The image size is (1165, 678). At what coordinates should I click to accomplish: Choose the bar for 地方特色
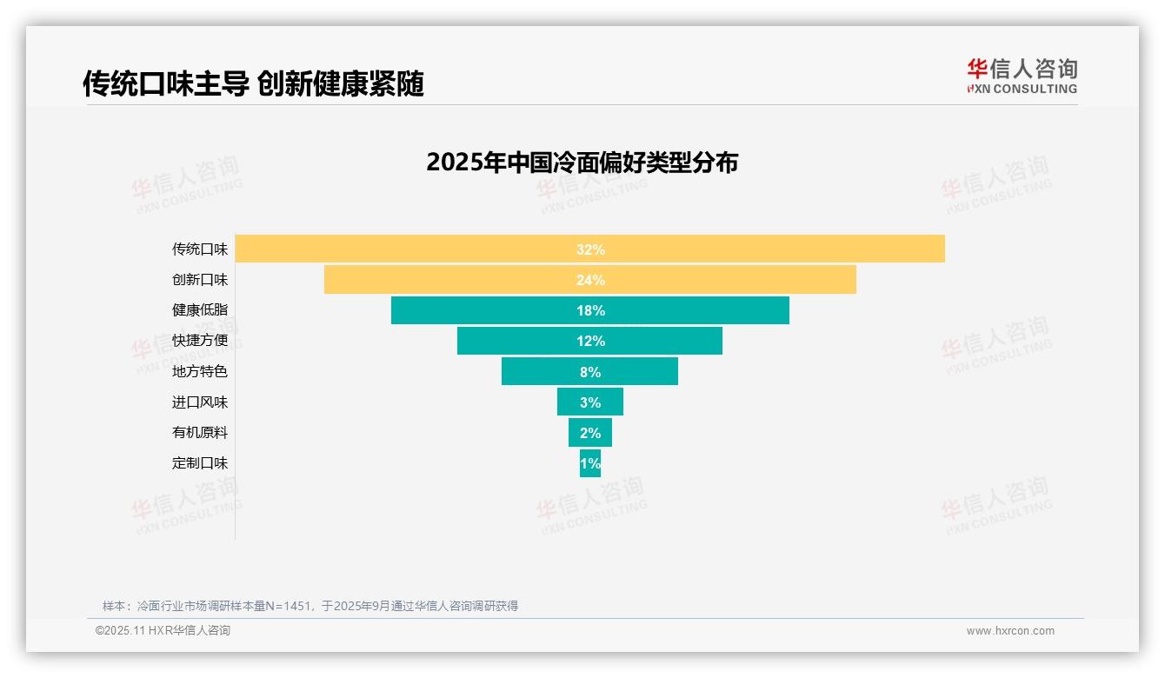coord(539,371)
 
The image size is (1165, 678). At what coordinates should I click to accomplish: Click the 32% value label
coord(590,249)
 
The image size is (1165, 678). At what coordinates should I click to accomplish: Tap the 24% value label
coord(590,280)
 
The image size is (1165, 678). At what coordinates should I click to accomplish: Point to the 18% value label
coord(590,310)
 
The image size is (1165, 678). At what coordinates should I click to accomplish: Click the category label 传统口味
coord(200,249)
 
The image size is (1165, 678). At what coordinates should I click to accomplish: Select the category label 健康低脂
coord(200,310)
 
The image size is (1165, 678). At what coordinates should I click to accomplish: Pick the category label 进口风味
coord(200,402)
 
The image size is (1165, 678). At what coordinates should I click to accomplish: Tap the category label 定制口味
coord(200,463)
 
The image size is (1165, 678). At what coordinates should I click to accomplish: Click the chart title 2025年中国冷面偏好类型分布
coord(582,163)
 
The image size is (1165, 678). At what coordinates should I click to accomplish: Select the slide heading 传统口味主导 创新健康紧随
coord(253,84)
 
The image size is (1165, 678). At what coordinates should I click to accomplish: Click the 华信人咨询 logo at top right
coord(1022,76)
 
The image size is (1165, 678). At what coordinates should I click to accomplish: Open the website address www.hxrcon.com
coord(1010,631)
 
